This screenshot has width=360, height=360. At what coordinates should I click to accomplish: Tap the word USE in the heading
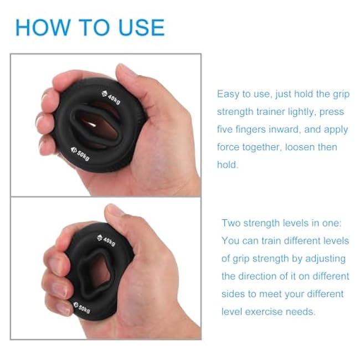(x=140, y=28)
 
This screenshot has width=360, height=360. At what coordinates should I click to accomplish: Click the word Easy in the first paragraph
(x=229, y=94)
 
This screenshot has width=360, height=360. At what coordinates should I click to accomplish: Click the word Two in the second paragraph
(x=231, y=223)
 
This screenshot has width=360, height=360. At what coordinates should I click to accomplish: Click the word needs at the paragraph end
(x=301, y=311)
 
